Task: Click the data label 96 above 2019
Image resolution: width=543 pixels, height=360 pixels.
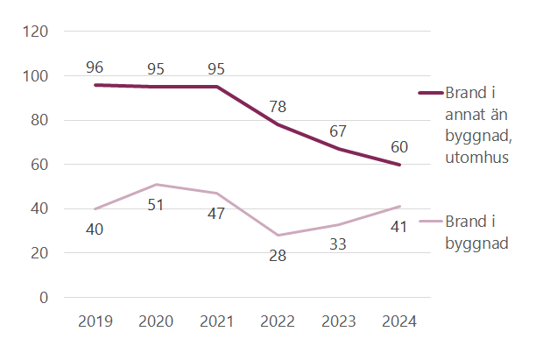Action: [95, 67]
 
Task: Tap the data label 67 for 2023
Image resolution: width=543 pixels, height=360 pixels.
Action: [339, 131]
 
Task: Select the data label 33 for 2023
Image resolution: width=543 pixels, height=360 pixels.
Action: [339, 244]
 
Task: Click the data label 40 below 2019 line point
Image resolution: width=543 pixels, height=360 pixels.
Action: [95, 229]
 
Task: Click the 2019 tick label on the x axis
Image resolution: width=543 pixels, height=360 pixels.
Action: [95, 321]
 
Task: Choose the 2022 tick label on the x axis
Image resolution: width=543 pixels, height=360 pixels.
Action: [279, 321]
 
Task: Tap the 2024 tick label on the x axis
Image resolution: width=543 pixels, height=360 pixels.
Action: [400, 321]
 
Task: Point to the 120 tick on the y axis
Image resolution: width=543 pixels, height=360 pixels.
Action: [49, 32]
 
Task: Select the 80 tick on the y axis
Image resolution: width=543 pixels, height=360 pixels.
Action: [53, 120]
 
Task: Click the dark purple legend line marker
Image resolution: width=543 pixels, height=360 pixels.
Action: [431, 93]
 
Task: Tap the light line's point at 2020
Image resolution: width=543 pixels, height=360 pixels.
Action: [156, 185]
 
